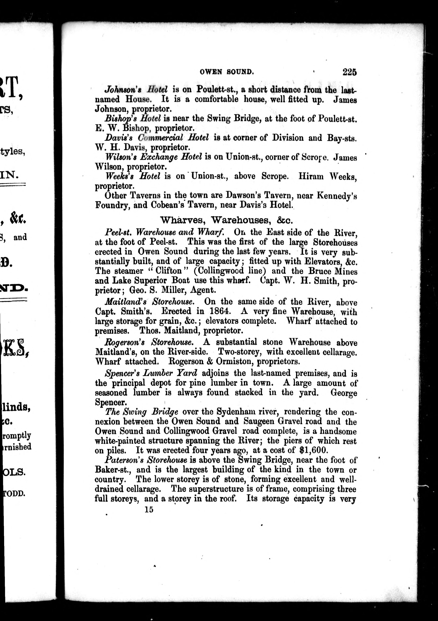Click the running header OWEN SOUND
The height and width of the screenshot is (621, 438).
coord(227,72)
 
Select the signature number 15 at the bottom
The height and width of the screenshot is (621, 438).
coord(149,510)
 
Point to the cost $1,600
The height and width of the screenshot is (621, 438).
coord(314,450)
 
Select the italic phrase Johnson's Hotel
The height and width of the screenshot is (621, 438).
coord(136,89)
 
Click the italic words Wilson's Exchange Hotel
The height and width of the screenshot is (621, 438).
coord(154,157)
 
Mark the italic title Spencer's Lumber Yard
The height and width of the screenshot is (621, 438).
coord(151,373)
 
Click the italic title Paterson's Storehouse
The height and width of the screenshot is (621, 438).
coord(146,460)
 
